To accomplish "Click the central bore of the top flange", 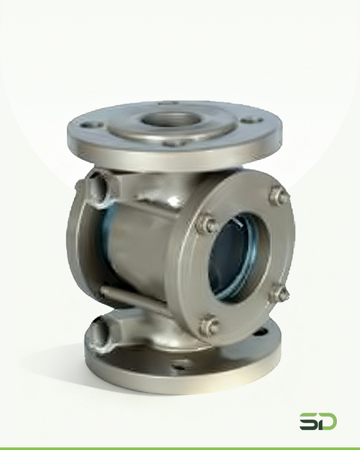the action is click(171, 120).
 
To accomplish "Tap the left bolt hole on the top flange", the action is click(91, 125).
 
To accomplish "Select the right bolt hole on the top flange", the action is click(251, 120).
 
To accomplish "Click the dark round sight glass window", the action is click(235, 257).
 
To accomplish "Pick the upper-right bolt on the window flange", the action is click(279, 195).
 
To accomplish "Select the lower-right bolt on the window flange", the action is click(278, 292).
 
